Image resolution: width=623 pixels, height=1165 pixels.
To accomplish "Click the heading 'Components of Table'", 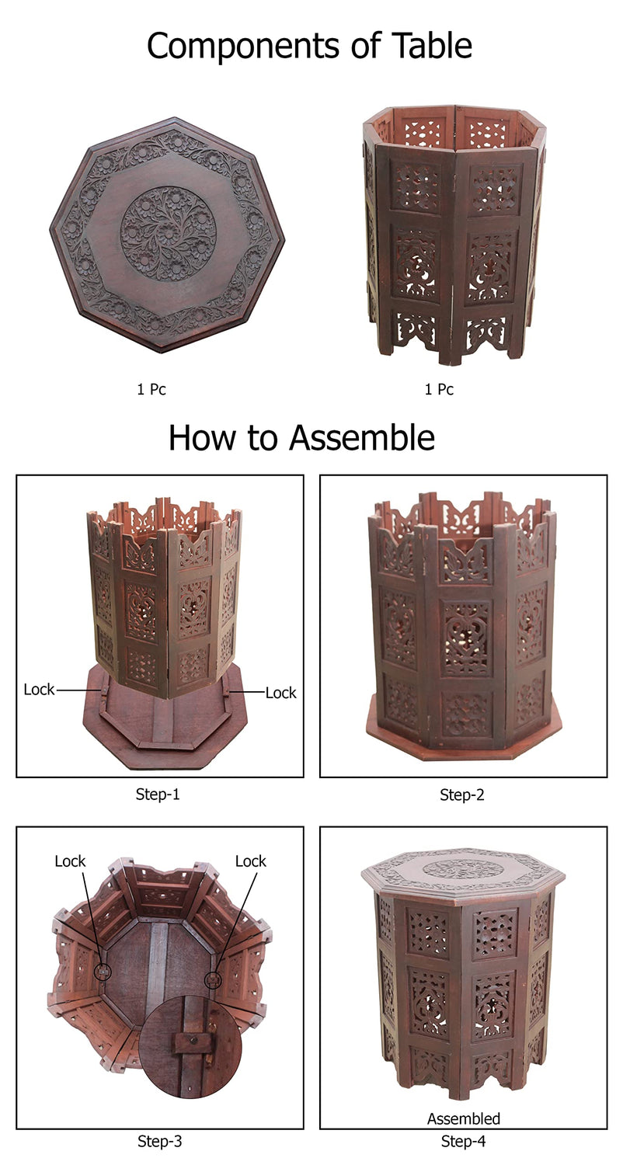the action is (x=309, y=46).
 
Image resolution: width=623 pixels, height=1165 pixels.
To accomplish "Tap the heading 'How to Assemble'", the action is (x=301, y=438).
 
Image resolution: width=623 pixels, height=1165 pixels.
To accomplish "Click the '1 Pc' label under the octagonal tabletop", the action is (x=151, y=389).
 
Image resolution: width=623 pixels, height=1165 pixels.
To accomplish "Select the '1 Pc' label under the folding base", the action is (x=439, y=389).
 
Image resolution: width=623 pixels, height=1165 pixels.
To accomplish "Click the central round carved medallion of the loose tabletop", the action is (x=169, y=232).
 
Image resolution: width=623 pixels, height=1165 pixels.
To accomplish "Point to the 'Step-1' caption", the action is (x=158, y=795).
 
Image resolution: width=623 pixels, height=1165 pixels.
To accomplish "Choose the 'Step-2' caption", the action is (x=461, y=795).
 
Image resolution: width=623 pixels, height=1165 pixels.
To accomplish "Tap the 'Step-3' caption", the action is (x=160, y=1141).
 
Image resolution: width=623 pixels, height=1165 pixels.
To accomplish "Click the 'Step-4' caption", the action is (x=463, y=1141).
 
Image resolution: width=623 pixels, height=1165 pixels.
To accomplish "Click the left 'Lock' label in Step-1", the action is (x=39, y=690).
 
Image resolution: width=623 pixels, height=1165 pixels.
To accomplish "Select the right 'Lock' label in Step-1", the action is (x=281, y=693).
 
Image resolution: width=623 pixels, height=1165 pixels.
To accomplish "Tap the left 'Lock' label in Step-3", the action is (x=70, y=861).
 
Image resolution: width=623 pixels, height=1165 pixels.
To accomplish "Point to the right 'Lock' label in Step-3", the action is (x=251, y=861).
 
